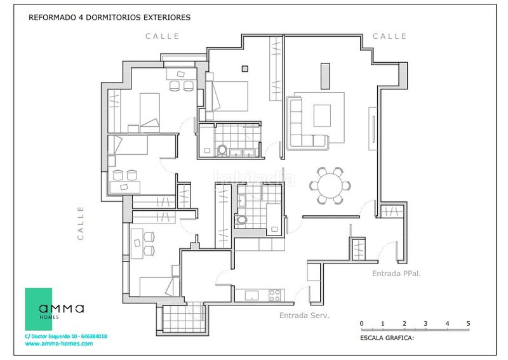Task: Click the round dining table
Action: point(330,185)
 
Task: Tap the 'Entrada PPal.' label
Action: point(396,274)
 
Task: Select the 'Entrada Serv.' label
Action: point(305,316)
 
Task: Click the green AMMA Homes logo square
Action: point(39,309)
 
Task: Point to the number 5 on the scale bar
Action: point(468,323)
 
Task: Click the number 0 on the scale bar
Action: point(361,323)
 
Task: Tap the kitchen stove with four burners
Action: point(275,295)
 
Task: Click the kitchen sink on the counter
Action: point(251,295)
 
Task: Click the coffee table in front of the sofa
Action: point(322,116)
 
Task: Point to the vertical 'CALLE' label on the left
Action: point(81,223)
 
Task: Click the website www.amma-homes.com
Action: point(59,343)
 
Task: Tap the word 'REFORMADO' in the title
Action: point(52,18)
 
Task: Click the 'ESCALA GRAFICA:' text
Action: point(387,338)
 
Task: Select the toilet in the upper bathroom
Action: point(222,150)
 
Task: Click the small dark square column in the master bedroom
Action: point(245,69)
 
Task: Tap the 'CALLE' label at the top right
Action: point(389,36)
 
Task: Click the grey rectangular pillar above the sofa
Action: point(325,76)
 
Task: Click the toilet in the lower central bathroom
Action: point(241,220)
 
